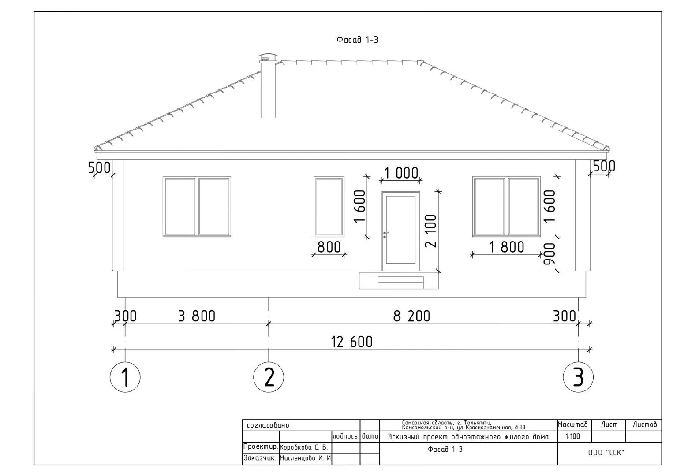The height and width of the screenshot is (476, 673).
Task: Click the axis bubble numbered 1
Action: [125, 377]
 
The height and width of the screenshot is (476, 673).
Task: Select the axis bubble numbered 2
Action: [269, 377]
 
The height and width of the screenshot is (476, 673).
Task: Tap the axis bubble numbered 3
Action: [578, 377]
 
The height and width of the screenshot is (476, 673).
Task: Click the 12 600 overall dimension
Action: [352, 342]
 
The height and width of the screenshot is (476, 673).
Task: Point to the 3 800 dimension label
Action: [197, 316]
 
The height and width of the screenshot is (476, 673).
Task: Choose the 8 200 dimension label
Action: [411, 316]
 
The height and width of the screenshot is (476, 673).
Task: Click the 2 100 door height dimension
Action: [430, 231]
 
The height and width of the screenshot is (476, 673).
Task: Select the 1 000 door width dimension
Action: [401, 173]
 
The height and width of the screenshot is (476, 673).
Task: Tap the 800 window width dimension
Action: [329, 247]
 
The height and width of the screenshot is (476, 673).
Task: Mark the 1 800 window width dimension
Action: [507, 247]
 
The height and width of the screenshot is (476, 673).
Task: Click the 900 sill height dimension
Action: [550, 254]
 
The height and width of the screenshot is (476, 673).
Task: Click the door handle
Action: [385, 234]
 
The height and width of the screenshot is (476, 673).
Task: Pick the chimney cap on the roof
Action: [268, 57]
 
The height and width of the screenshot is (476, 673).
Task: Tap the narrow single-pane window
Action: [329, 207]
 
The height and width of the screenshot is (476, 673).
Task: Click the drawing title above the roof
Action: [357, 40]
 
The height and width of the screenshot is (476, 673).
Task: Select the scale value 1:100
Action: [572, 436]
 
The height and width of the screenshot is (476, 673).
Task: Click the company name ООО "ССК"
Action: [606, 453]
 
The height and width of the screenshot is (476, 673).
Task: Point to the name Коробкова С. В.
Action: [303, 447]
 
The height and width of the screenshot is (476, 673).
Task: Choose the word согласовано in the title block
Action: [268, 425]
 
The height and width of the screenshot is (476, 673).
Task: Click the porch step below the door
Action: [401, 283]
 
